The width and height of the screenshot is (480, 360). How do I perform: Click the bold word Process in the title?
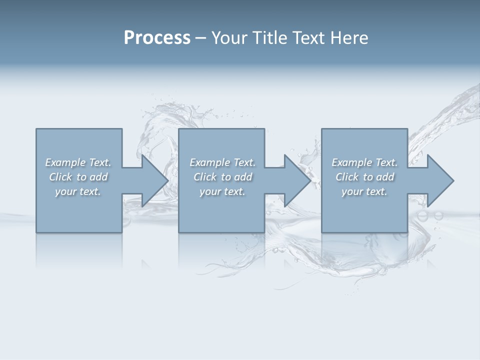pos(157,38)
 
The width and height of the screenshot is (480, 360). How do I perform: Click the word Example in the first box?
pos(65,162)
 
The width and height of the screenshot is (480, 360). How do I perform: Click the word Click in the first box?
pos(60,177)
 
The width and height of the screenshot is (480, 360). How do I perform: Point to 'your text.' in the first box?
pos(78,191)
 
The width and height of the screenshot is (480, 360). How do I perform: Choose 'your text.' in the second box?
pos(222,191)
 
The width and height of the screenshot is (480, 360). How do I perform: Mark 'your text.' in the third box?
pos(364,191)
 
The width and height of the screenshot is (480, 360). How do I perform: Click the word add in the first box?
pos(99,177)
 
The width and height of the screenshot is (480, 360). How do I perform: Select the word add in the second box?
pos(243,177)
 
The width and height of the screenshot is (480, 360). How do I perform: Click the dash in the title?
pos(200,38)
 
